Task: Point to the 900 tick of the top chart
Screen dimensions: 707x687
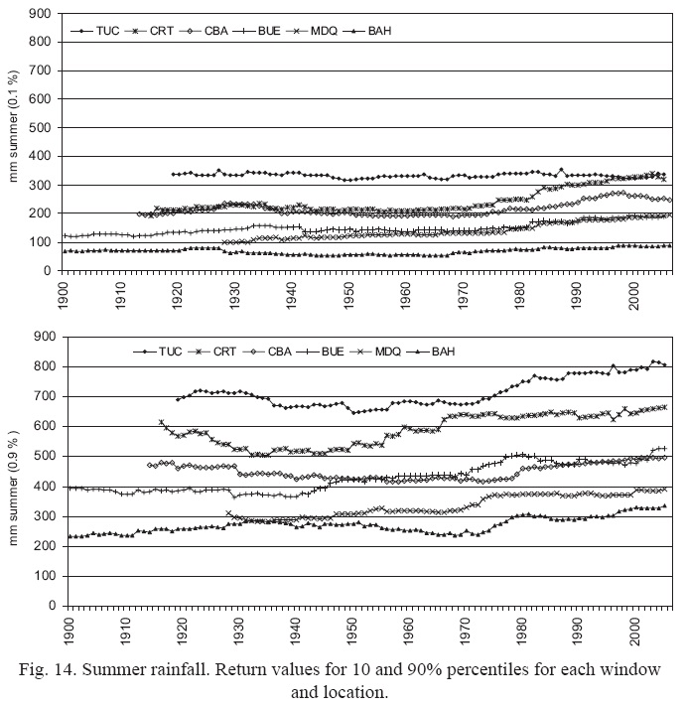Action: [x=42, y=14]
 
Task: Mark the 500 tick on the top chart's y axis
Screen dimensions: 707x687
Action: [x=42, y=128]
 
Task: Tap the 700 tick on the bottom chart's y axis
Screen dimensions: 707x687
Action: [x=42, y=396]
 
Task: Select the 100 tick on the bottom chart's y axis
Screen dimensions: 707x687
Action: [x=42, y=576]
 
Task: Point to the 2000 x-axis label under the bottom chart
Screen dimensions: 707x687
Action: [x=635, y=629]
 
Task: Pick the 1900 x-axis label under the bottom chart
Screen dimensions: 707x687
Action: [x=66, y=629]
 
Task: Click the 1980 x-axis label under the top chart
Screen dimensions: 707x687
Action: [x=519, y=294]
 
